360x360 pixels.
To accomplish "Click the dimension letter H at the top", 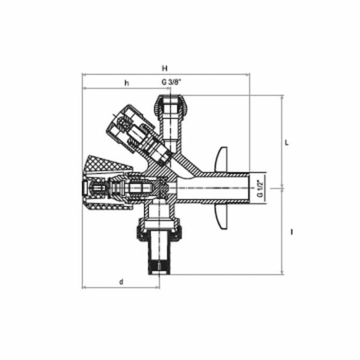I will [164, 68].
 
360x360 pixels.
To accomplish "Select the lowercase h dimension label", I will [126, 82].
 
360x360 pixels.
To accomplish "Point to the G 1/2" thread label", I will [260, 188].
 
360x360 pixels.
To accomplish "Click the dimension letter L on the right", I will [286, 142].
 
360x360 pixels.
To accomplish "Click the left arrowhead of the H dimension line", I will [84, 75].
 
